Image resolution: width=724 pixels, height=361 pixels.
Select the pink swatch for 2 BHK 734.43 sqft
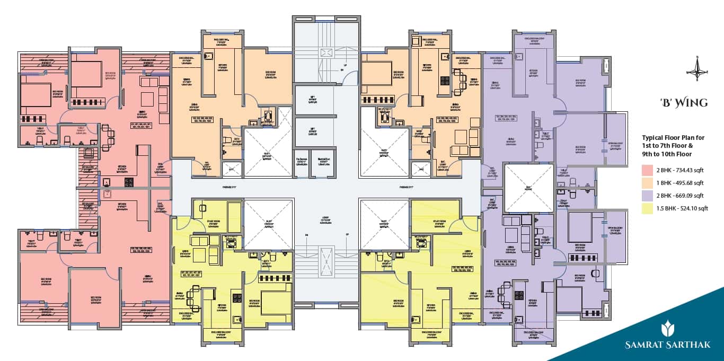(647, 171)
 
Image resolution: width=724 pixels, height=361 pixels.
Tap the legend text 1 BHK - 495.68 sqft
(680, 183)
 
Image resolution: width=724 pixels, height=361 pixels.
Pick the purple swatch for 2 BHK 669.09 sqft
(647, 196)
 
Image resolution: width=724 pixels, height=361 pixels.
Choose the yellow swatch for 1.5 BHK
(647, 208)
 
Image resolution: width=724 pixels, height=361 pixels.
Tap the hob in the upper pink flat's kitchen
(129, 182)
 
